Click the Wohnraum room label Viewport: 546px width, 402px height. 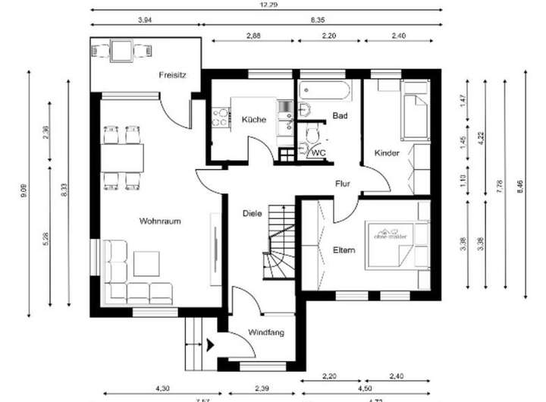(158, 221)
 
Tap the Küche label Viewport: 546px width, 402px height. (253, 120)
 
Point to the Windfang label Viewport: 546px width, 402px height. (265, 331)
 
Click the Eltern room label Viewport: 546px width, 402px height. (344, 250)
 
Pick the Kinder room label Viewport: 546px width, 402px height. (387, 153)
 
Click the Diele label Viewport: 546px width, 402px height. (252, 213)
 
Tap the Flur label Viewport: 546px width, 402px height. (343, 184)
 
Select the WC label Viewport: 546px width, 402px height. (319, 152)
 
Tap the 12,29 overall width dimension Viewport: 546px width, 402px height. (265, 5)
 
